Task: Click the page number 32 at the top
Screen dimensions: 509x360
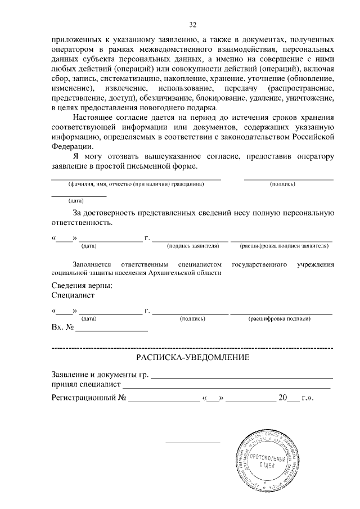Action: (192, 25)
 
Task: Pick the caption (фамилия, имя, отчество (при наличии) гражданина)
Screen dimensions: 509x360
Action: (136, 184)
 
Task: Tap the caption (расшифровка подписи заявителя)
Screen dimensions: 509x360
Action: (283, 246)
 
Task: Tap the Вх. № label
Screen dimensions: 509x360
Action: (62, 327)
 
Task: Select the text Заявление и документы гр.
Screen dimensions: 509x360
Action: (99, 375)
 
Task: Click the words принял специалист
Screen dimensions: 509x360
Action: (86, 385)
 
